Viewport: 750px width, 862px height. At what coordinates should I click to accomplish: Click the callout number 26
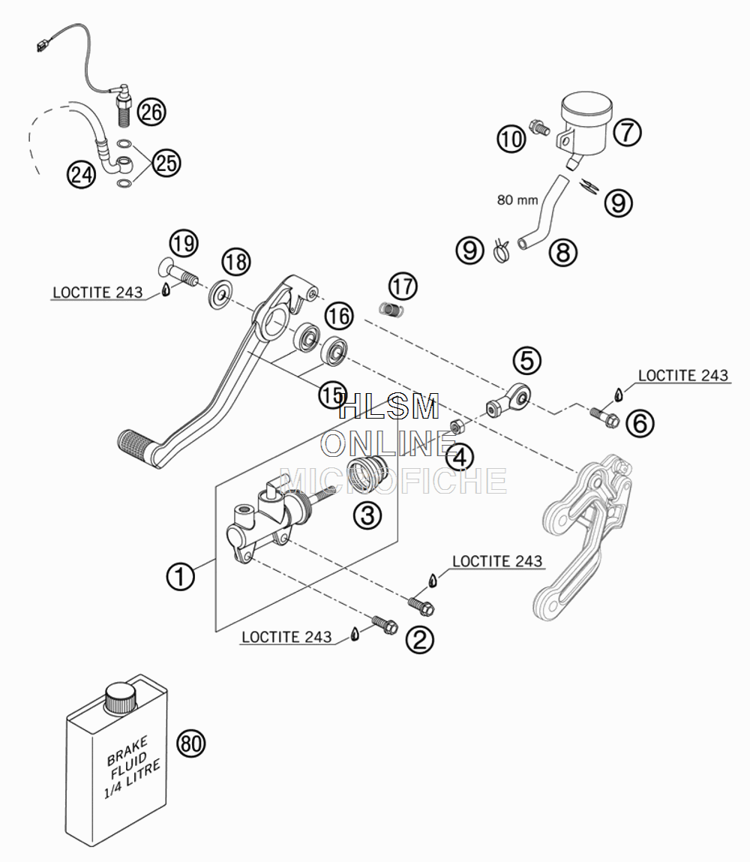point(151,112)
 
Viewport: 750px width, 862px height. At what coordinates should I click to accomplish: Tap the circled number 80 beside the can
point(190,743)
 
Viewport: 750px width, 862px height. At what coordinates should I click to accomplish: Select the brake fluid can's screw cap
point(120,698)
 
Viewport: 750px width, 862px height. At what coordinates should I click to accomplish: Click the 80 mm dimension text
point(517,200)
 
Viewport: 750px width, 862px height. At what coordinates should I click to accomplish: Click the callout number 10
point(511,138)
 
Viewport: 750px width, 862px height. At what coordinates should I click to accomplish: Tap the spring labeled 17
point(392,310)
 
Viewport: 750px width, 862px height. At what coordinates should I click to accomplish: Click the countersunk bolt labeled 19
point(178,272)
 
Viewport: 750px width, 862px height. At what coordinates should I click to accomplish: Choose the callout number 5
point(527,361)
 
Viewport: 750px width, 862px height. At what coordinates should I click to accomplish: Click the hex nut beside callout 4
point(458,426)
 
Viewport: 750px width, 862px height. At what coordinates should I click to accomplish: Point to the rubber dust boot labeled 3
point(367,475)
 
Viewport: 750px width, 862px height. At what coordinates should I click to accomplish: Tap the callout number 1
point(180,577)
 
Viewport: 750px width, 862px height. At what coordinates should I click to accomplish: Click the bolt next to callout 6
point(604,416)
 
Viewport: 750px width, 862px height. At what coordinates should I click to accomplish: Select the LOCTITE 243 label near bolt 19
point(97,293)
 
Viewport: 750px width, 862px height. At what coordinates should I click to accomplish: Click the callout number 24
point(81,175)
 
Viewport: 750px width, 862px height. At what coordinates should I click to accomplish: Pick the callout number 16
point(339,316)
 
